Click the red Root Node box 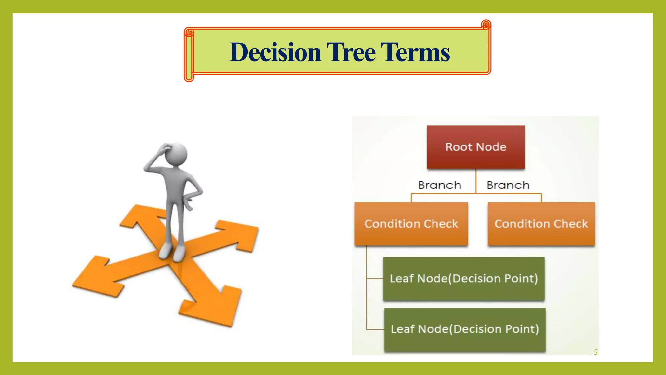476,147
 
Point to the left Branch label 440,185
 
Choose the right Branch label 508,185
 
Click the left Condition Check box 411,224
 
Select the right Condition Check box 541,224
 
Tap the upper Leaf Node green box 464,279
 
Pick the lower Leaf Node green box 465,329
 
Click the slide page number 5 596,352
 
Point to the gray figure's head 176,153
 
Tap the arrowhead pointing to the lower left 94,277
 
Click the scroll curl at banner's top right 486,24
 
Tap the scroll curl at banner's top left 189,32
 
